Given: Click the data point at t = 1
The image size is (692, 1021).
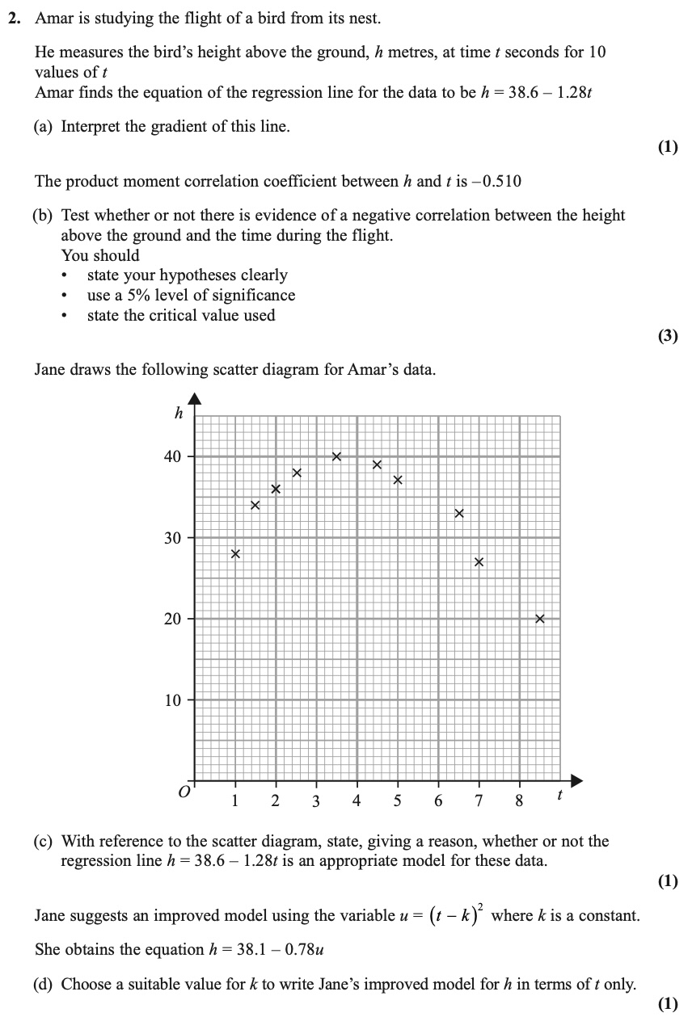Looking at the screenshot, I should tap(235, 554).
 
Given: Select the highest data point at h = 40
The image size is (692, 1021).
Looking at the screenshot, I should tap(336, 456).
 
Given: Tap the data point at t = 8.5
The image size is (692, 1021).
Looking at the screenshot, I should tap(540, 619).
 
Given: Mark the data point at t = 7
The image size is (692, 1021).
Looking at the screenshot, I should tap(479, 562).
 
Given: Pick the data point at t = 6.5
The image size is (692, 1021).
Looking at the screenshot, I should tap(458, 513).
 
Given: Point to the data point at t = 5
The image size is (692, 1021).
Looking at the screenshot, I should tap(397, 481).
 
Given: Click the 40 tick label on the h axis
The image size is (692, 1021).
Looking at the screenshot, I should tap(172, 457).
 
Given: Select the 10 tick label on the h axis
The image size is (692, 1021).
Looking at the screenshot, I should tap(172, 700).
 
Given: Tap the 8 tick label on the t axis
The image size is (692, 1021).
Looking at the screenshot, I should tap(519, 801).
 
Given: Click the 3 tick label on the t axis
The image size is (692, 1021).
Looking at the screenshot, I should tap(316, 801).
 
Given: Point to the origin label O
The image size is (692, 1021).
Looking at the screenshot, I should tap(184, 795).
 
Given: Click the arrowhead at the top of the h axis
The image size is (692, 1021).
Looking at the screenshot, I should tap(194, 398).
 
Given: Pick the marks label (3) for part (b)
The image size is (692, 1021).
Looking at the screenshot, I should tap(667, 337).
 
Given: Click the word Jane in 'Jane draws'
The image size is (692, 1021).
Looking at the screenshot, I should tap(51, 370).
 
